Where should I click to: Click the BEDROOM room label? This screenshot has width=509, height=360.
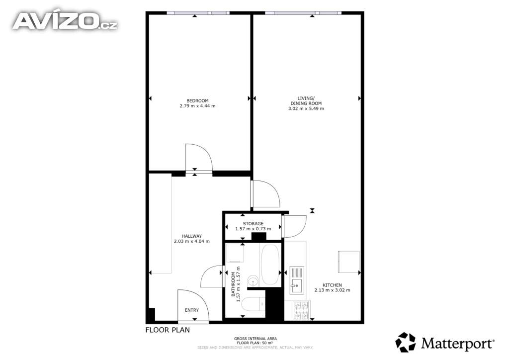(197, 100)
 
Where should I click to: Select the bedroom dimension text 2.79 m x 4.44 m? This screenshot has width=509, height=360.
(197, 106)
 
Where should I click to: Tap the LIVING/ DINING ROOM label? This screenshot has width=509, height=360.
(306, 100)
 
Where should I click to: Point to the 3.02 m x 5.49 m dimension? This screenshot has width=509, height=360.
(306, 108)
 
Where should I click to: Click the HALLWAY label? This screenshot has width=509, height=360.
(192, 236)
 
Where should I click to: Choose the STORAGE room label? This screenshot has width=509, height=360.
(253, 224)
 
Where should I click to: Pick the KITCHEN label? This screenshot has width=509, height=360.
(333, 285)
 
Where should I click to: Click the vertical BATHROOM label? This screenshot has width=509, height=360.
(233, 284)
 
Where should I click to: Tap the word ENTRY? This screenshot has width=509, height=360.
(192, 310)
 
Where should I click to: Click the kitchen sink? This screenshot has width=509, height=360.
(297, 280)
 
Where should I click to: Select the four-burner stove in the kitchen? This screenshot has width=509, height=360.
(302, 310)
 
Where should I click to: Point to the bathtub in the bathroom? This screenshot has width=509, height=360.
(270, 265)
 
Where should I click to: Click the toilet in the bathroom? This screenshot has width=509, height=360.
(255, 304)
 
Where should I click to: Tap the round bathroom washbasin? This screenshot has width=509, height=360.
(253, 280)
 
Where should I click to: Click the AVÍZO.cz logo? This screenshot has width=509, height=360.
(65, 21)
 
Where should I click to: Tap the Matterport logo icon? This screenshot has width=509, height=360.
(406, 342)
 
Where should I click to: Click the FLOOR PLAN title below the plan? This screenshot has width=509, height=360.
(168, 330)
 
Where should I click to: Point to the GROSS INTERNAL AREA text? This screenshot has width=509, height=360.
(255, 339)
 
